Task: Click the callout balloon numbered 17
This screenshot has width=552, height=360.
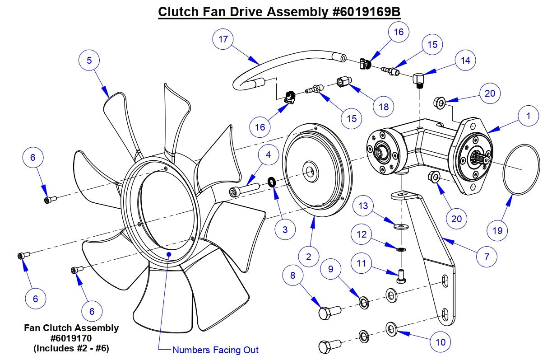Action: (223, 39)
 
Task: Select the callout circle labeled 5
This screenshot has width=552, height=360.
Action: (89, 60)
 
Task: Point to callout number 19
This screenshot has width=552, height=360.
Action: (497, 231)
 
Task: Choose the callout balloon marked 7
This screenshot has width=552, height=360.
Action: (486, 257)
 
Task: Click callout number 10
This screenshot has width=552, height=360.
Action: (441, 342)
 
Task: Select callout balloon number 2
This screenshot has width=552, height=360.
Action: (308, 257)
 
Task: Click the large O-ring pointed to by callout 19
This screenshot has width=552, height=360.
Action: (521, 170)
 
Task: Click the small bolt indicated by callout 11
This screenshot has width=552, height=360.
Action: (401, 276)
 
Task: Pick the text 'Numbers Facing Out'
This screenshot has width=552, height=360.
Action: (215, 350)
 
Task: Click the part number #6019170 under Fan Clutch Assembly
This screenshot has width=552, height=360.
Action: (71, 338)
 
